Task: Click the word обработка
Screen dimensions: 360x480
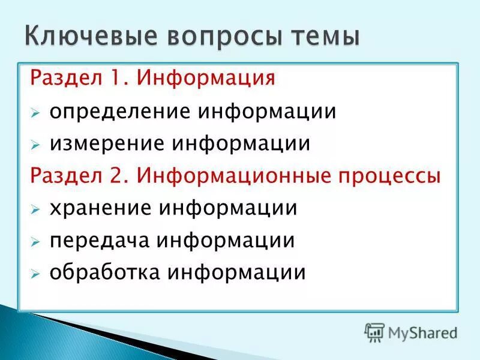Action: [104, 273]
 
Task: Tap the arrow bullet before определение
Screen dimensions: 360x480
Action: [36, 113]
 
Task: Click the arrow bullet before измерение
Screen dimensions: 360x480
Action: [36, 145]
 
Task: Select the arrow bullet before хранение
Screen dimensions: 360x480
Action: [36, 210]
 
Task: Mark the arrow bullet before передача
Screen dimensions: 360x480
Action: [36, 242]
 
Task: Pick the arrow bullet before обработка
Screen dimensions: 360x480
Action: [36, 274]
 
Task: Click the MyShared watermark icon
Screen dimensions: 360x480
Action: [374, 332]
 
